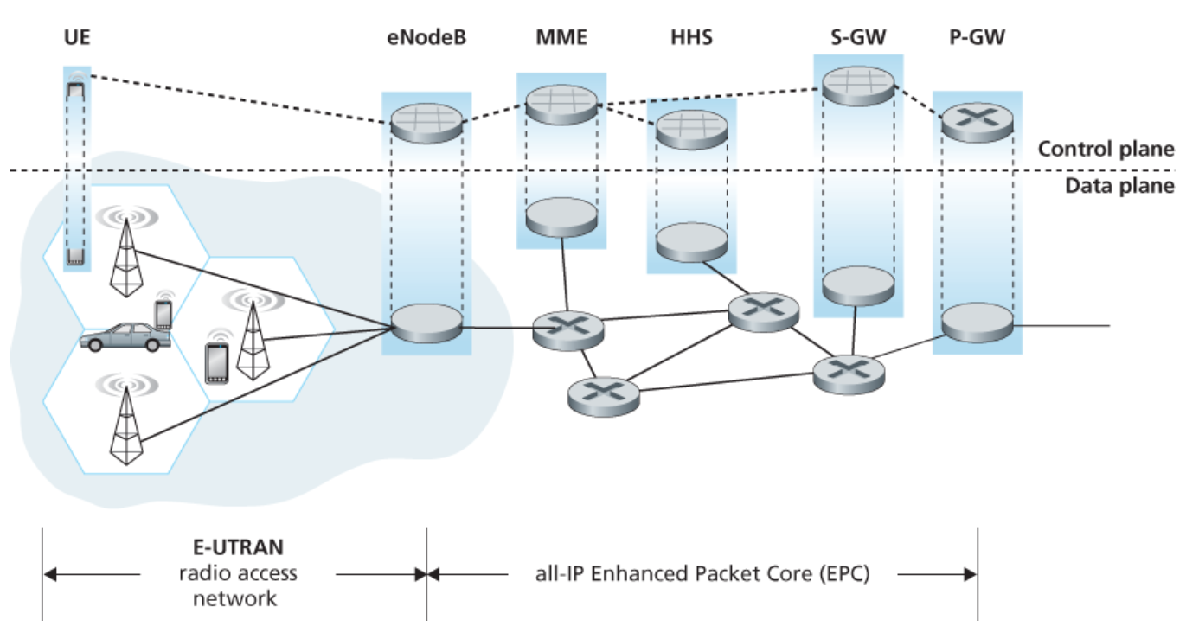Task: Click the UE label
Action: click(x=77, y=39)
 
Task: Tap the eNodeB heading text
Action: click(x=427, y=39)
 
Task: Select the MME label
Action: click(x=561, y=39)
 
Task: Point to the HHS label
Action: click(x=691, y=39)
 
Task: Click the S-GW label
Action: click(x=856, y=39)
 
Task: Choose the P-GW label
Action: click(x=978, y=39)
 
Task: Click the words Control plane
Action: click(x=1106, y=149)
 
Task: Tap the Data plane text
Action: click(x=1119, y=185)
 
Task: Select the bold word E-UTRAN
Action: click(x=237, y=547)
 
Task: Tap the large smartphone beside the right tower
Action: click(x=216, y=362)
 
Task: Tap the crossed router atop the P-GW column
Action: click(x=978, y=122)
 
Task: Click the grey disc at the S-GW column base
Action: click(x=856, y=287)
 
